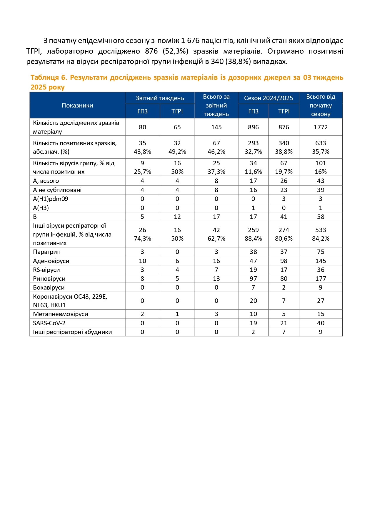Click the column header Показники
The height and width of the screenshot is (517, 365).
click(77, 105)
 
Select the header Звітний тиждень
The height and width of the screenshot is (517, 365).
click(160, 98)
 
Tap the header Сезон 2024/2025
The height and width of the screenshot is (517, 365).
click(269, 98)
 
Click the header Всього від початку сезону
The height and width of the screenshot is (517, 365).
click(321, 105)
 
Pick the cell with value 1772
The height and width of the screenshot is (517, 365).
click(321, 127)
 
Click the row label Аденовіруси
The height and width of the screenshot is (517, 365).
click(51, 261)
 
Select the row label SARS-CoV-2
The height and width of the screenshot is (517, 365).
click(49, 323)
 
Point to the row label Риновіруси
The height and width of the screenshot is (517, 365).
click(49, 279)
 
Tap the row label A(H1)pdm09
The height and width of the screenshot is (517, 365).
click(51, 199)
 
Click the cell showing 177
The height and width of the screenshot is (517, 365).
click(321, 279)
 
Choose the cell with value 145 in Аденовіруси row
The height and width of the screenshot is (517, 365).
click(321, 261)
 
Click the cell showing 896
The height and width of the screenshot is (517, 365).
click(253, 127)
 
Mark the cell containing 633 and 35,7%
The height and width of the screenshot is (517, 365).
click(321, 147)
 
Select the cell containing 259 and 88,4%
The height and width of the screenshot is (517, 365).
click(253, 234)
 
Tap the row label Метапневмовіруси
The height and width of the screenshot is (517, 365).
click(61, 314)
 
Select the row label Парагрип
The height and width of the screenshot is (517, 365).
click(47, 252)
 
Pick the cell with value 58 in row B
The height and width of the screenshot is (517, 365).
click(321, 217)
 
